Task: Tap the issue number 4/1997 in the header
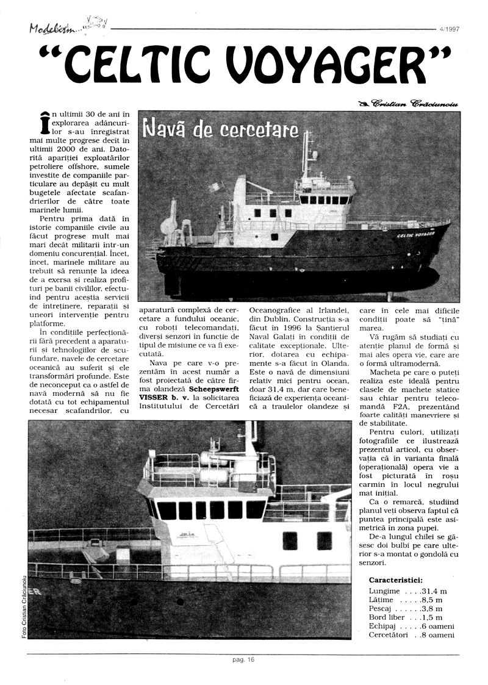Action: coord(449,28)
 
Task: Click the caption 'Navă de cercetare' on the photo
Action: coord(220,129)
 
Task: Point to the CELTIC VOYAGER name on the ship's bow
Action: coord(415,234)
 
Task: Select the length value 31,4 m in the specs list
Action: coord(435,591)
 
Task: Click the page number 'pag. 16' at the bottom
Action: coord(243,659)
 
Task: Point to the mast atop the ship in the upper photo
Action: coord(306,152)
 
